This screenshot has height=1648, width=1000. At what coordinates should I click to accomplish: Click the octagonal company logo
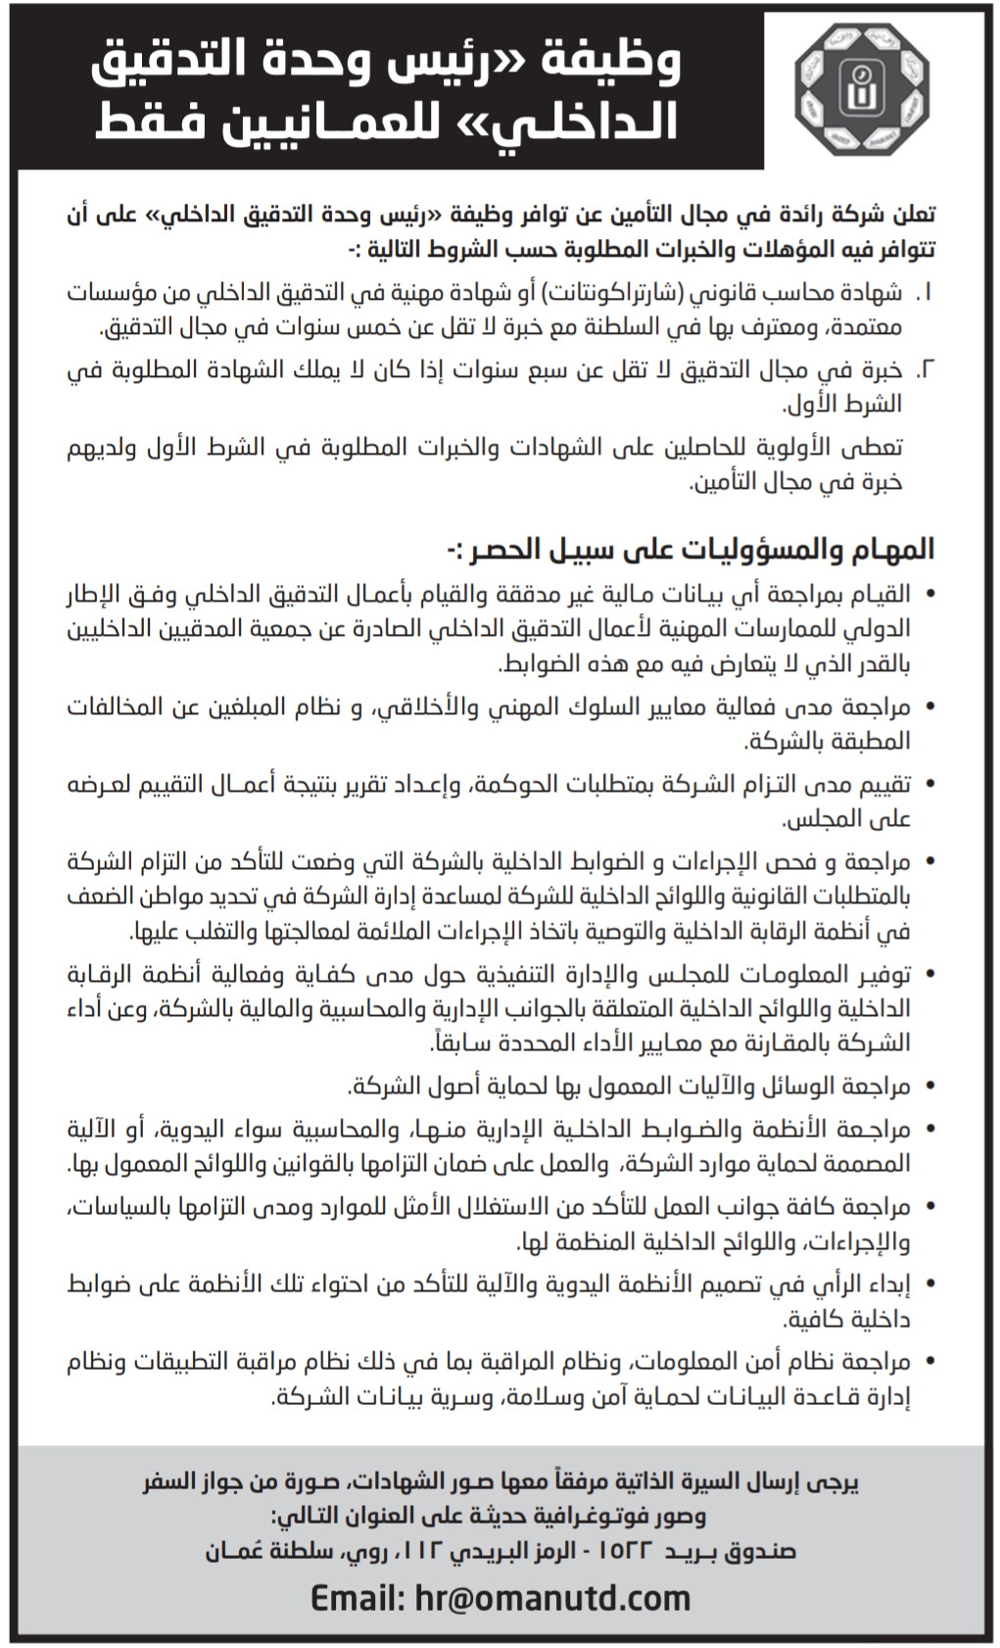(x=862, y=89)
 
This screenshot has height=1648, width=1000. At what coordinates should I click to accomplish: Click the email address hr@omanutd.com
(x=553, y=1598)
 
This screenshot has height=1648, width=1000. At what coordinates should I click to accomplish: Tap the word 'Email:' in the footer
(x=357, y=1598)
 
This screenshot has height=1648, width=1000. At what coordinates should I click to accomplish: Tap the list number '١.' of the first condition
(x=924, y=293)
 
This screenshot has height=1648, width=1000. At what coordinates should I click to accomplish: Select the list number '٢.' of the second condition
(x=924, y=370)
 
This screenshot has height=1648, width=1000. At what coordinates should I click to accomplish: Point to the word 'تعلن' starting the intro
(x=912, y=214)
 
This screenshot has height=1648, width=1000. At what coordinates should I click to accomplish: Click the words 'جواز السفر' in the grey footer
(x=192, y=1480)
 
